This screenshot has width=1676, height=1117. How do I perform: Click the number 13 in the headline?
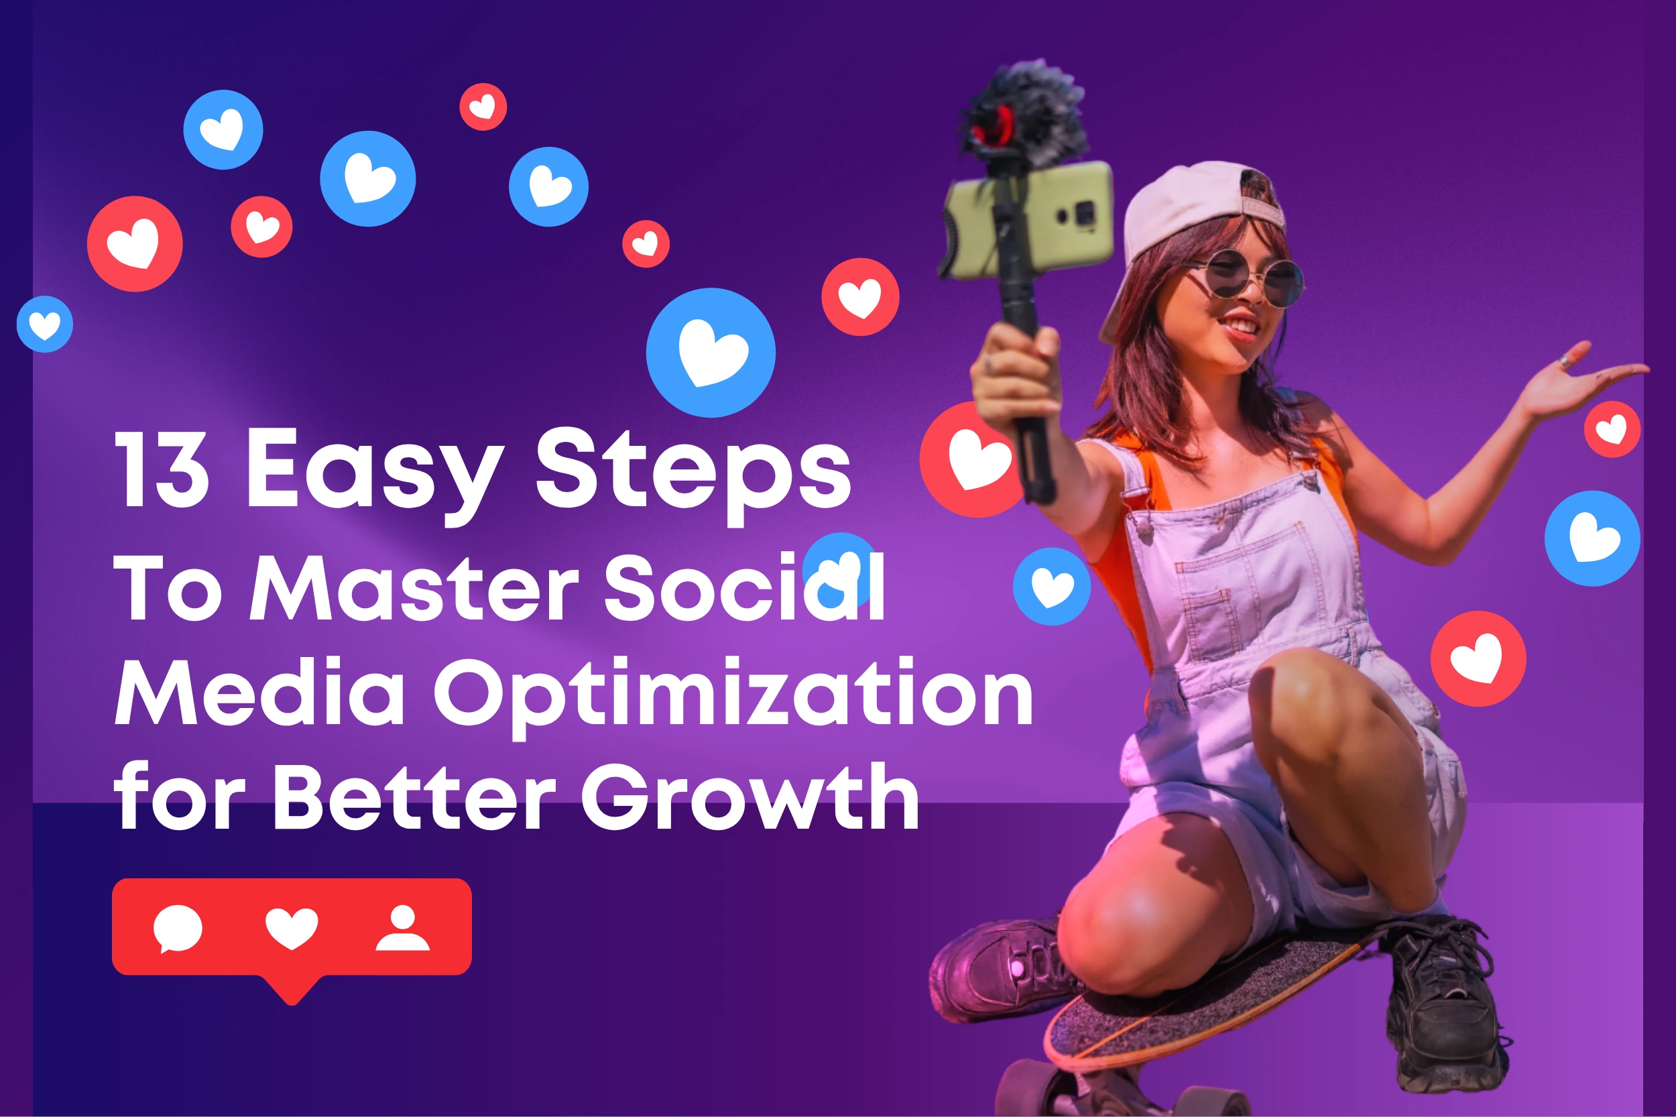162,468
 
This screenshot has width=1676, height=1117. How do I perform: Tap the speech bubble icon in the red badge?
178,928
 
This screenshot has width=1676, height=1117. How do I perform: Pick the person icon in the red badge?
402,927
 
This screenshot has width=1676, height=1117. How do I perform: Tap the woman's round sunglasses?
1254,279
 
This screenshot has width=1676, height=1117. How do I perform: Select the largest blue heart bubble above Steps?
711,353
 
